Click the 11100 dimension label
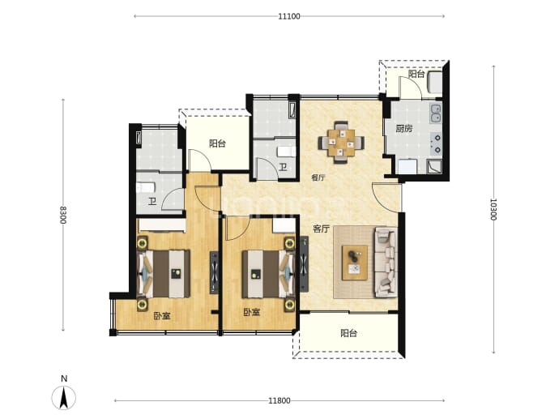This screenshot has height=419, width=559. (289, 16)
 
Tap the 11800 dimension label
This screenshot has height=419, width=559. (279, 400)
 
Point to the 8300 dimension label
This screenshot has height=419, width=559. (62, 215)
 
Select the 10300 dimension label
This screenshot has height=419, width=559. (493, 209)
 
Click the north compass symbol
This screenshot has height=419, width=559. (64, 394)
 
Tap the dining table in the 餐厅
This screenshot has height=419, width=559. (341, 143)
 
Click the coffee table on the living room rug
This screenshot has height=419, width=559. (355, 263)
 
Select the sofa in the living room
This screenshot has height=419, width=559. (386, 263)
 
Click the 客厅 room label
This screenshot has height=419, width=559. (321, 229)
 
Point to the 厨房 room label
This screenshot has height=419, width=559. (404, 128)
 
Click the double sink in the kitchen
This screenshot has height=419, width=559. (436, 113)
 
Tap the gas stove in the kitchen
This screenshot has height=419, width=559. (436, 143)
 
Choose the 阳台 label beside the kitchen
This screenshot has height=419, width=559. (416, 74)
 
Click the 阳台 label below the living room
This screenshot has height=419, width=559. (348, 333)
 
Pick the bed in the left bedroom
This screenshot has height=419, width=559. (164, 274)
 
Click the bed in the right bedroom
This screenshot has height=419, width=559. (268, 274)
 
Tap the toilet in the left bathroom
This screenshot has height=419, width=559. (146, 187)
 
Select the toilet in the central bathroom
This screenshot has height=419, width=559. (286, 152)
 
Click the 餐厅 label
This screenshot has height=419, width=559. (318, 177)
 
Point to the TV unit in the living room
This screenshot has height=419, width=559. (304, 264)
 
